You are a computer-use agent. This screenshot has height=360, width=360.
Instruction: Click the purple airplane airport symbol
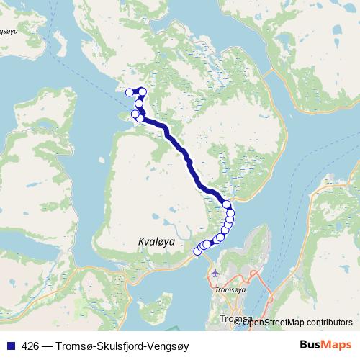pos(215,273)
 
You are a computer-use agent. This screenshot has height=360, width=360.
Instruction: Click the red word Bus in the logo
pos(312,345)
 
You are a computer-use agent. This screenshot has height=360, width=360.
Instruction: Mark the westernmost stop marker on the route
pos(130,92)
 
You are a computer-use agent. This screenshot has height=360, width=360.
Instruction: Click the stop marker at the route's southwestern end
pos(198,251)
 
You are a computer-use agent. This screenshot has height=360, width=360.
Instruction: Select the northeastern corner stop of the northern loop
pos(143,91)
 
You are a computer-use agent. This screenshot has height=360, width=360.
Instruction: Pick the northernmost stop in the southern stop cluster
pos(228,204)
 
